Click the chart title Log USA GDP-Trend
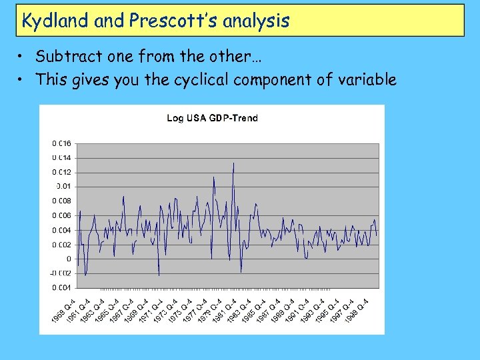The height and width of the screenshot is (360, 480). [x=212, y=118]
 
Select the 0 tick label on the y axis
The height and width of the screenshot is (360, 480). [x=68, y=259]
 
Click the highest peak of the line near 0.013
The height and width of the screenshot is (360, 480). [x=233, y=163]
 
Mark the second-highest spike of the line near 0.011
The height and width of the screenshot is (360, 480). [x=214, y=177]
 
